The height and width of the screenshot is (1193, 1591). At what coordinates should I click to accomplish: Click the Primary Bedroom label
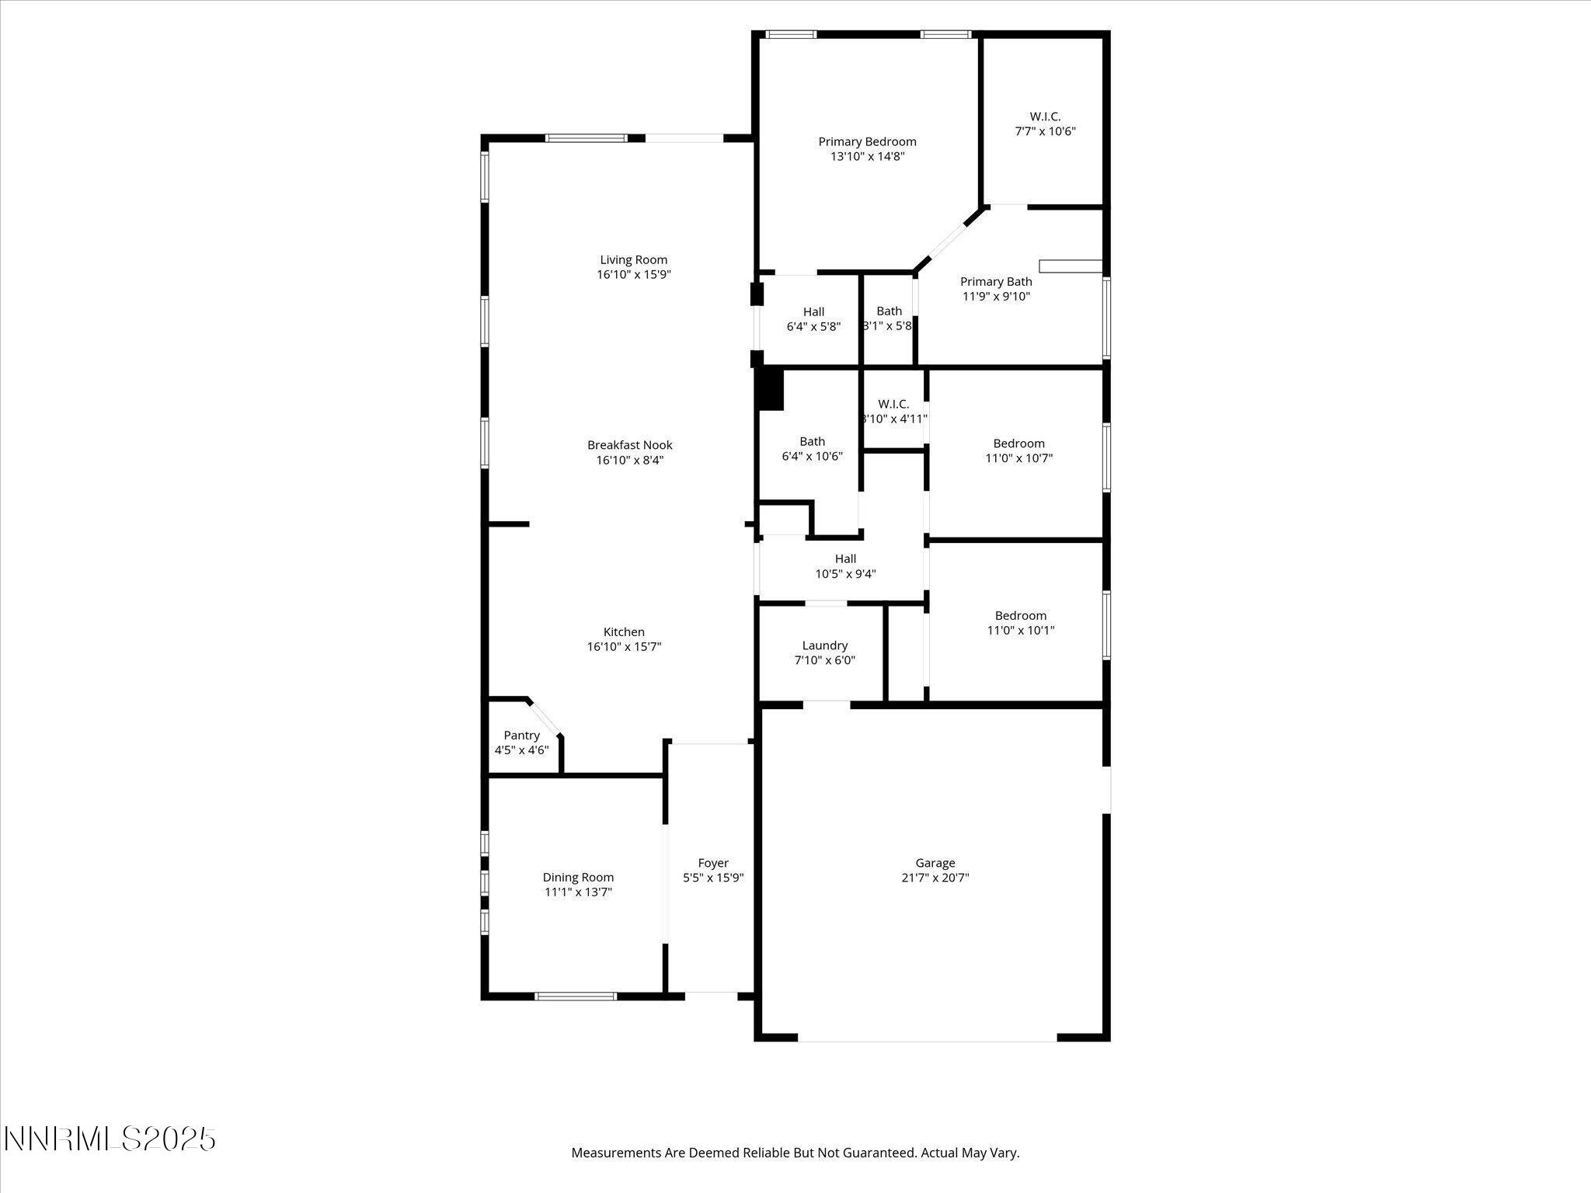pyautogui.click(x=867, y=141)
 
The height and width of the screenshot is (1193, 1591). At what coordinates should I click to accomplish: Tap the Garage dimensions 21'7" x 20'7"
pyautogui.click(x=935, y=878)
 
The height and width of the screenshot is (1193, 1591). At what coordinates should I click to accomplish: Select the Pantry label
pyautogui.click(x=521, y=735)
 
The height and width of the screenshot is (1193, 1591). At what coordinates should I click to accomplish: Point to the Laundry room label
pyautogui.click(x=824, y=645)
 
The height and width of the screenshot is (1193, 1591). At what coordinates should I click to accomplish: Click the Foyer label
pyautogui.click(x=713, y=863)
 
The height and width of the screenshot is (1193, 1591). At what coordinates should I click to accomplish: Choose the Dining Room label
pyautogui.click(x=578, y=877)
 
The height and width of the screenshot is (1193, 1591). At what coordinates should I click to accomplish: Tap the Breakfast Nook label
pyautogui.click(x=629, y=445)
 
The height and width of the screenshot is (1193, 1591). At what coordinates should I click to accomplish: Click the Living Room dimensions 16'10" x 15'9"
pyautogui.click(x=633, y=274)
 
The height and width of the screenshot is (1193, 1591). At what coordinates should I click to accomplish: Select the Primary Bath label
pyautogui.click(x=996, y=281)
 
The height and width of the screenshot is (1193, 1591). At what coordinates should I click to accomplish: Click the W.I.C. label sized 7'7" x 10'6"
pyautogui.click(x=1045, y=117)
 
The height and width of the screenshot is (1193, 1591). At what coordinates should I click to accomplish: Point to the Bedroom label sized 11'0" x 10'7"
pyautogui.click(x=1018, y=443)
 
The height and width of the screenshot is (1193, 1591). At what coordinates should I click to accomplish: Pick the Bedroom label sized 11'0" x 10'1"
pyautogui.click(x=1020, y=615)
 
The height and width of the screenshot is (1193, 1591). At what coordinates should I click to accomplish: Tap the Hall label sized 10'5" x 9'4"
pyautogui.click(x=845, y=558)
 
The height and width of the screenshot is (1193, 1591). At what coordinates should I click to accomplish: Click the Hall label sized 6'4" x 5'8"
pyautogui.click(x=813, y=311)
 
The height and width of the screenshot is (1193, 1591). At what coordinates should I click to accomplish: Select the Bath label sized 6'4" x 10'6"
pyautogui.click(x=812, y=441)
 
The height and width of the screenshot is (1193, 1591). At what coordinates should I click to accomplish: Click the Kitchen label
pyautogui.click(x=624, y=631)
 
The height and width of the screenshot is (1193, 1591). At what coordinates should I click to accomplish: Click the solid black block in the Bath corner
pyautogui.click(x=771, y=388)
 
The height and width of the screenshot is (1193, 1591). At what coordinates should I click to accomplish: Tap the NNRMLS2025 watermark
pyautogui.click(x=110, y=1139)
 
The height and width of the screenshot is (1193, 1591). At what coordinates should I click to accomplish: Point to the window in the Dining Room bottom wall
pyautogui.click(x=576, y=996)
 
